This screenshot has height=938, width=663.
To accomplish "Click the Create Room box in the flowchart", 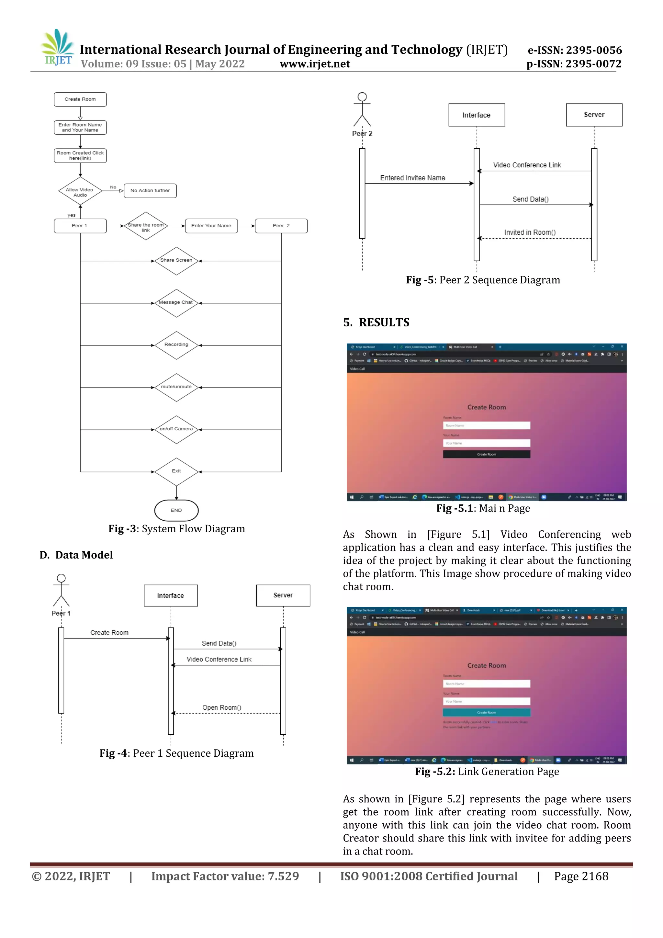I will pos(80,99).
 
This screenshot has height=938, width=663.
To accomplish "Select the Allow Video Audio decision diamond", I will pos(80,191).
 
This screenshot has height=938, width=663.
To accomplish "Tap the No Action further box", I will pos(150,191).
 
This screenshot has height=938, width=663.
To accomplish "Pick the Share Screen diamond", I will pos(176,261).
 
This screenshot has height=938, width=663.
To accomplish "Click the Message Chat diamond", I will pos(176,303).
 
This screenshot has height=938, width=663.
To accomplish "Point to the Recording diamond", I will pos(176,345).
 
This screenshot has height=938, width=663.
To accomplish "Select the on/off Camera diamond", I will pos(176,429).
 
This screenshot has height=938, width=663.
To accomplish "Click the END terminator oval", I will pos(176,510).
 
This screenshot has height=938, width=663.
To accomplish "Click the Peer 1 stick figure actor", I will pos(61,591).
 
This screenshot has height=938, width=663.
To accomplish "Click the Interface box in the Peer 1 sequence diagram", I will pos(170,596).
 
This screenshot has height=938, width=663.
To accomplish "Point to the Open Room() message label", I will pos(221,707).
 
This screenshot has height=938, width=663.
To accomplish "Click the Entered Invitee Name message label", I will pos(412,178).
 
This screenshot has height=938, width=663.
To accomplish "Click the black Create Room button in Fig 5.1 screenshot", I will pos(486,454).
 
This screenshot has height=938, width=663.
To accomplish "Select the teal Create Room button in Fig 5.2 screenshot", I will pos(486,713).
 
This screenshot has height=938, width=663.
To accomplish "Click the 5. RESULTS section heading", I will pos(376,322).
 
